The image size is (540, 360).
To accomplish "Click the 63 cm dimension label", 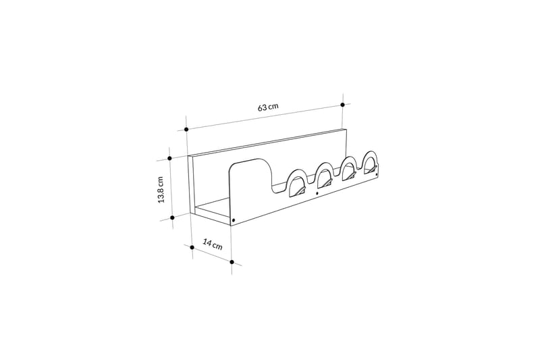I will [x=268, y=107].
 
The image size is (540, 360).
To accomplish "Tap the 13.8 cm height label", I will [x=161, y=190].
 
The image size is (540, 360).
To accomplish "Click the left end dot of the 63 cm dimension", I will [x=186, y=128].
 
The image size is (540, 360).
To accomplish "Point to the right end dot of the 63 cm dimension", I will [x=343, y=105].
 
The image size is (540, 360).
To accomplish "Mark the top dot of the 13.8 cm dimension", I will [x=171, y=159].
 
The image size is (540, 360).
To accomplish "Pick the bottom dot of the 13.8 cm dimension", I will [x=173, y=217].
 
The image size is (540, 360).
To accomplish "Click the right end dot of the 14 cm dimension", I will [x=232, y=261].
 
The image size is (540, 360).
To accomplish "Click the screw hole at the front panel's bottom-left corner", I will [x=234, y=220].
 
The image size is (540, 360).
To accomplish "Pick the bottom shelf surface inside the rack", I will [x=215, y=209].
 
